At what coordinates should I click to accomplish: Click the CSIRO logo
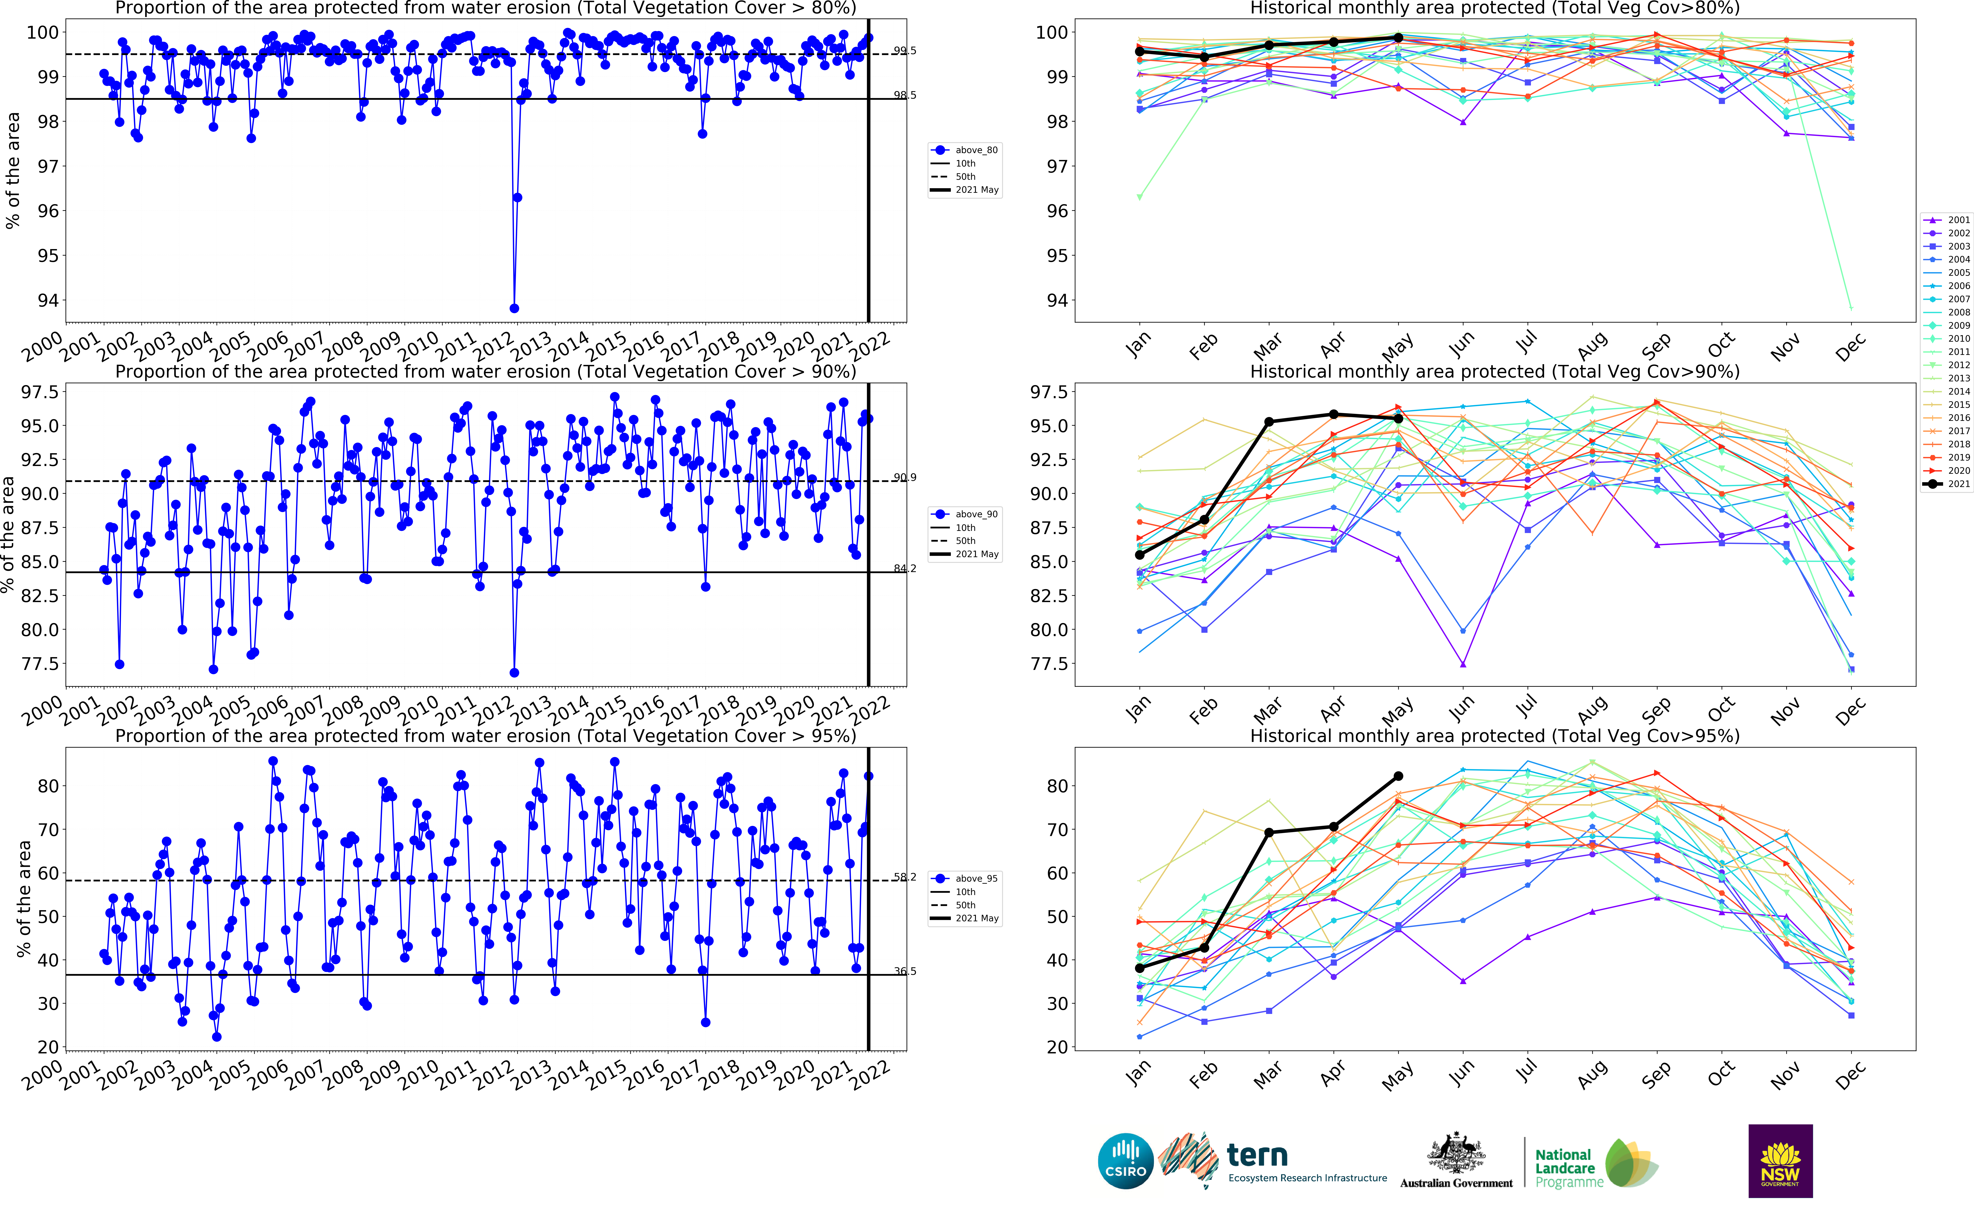click(1125, 1161)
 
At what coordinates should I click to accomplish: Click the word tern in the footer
click(1257, 1155)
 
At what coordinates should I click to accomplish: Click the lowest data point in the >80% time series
click(514, 308)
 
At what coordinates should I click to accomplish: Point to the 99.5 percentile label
click(905, 51)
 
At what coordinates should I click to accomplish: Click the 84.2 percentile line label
click(905, 569)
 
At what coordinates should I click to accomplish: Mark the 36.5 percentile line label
click(905, 971)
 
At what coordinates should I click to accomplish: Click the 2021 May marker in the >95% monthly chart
click(1398, 776)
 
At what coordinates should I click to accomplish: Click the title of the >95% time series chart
click(485, 736)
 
